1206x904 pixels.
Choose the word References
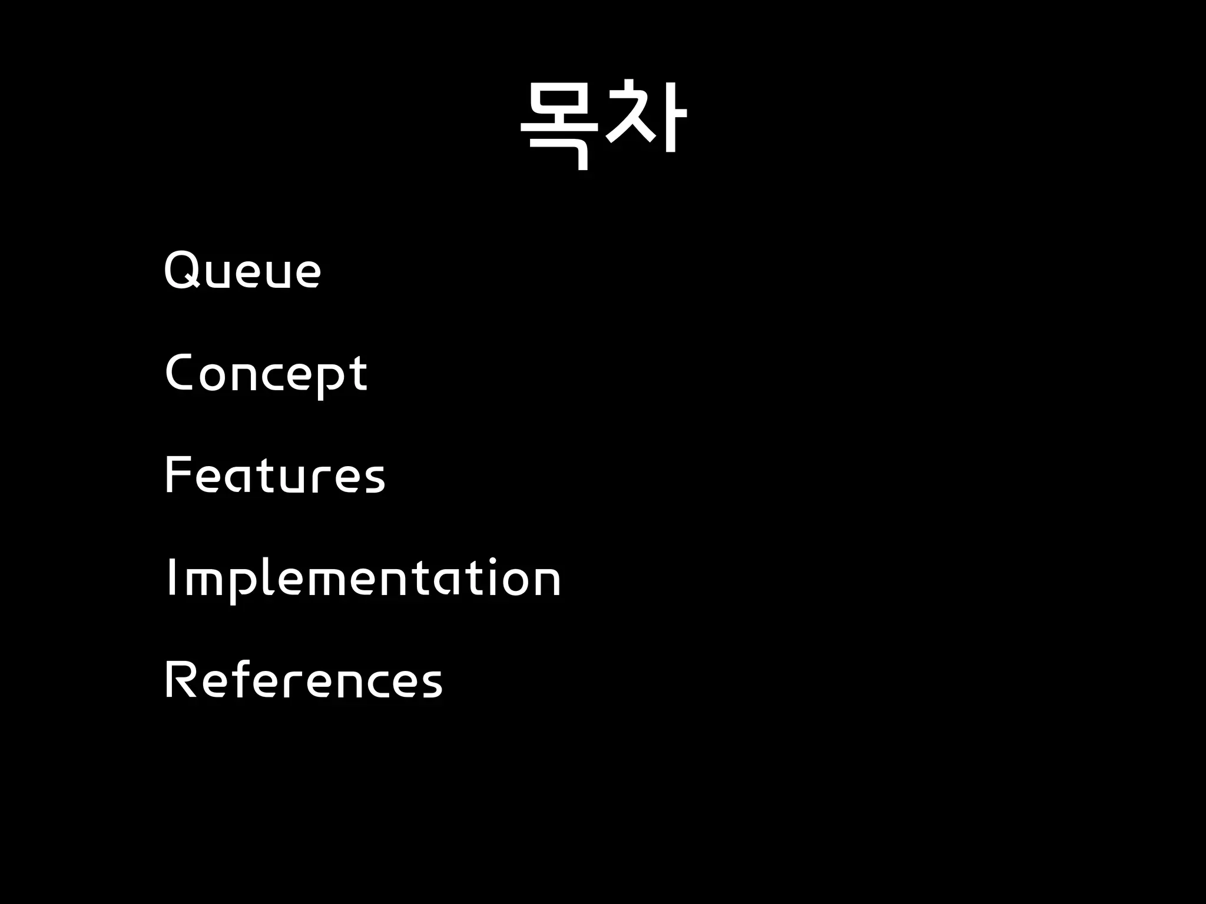tap(303, 679)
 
